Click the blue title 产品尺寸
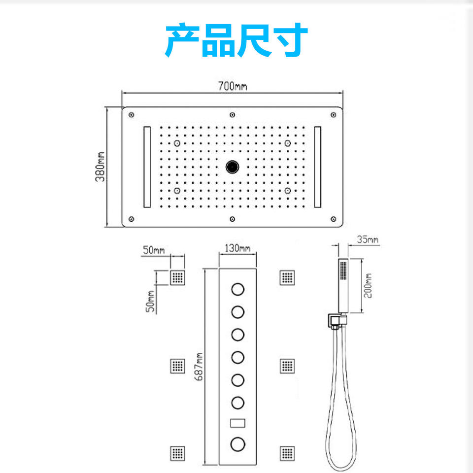(236, 41)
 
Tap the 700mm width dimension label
(233, 87)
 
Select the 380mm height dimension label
(100, 168)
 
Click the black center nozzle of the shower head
(232, 167)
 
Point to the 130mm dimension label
(237, 248)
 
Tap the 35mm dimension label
(368, 240)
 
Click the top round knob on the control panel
(237, 289)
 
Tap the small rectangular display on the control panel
(237, 423)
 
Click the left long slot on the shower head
(147, 167)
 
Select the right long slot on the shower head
(317, 167)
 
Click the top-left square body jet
(178, 278)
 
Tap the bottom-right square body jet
(287, 453)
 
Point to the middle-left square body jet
(178, 366)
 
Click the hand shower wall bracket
(335, 321)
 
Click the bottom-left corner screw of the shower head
(131, 219)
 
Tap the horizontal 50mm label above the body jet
(154, 250)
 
